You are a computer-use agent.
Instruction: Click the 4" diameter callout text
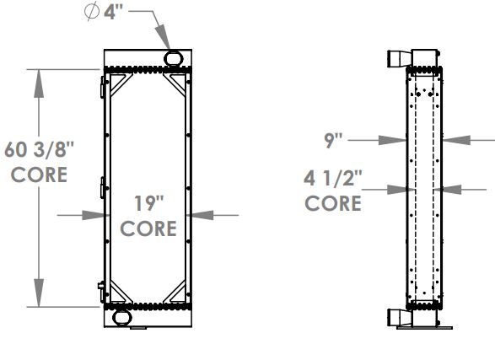114,15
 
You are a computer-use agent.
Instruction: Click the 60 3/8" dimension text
40,150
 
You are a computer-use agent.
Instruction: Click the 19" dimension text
148,202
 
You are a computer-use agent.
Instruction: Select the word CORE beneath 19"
148,228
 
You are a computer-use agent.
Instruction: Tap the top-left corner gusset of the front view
119,84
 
